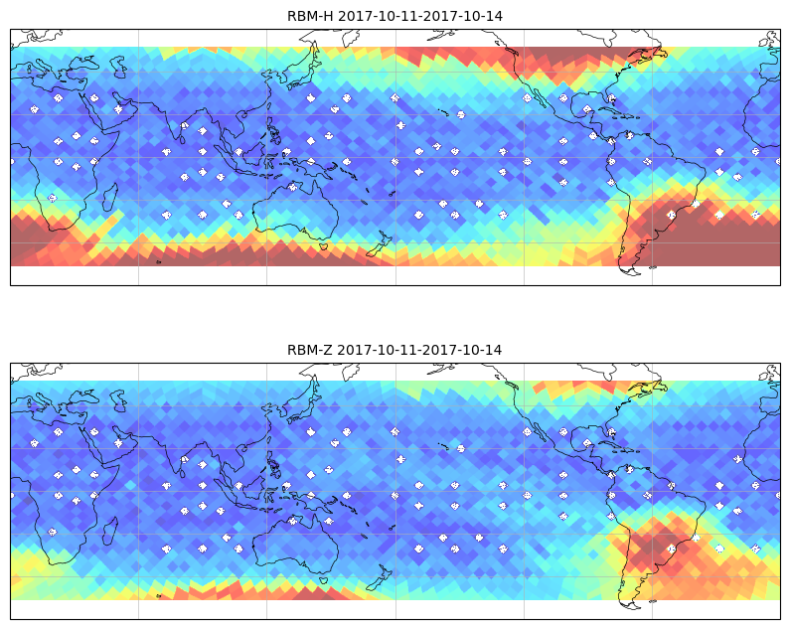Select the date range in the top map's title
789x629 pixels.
tap(420, 16)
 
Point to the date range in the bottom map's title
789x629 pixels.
tap(419, 350)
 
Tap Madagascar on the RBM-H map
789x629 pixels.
tap(110, 197)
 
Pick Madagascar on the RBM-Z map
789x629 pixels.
tap(110, 531)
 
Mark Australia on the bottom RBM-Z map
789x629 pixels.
tap(296, 545)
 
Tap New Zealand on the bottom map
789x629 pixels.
tap(380, 577)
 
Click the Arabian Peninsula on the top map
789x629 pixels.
tap(109, 110)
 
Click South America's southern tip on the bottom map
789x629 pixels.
tap(630, 604)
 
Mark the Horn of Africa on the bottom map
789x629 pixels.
tap(114, 470)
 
